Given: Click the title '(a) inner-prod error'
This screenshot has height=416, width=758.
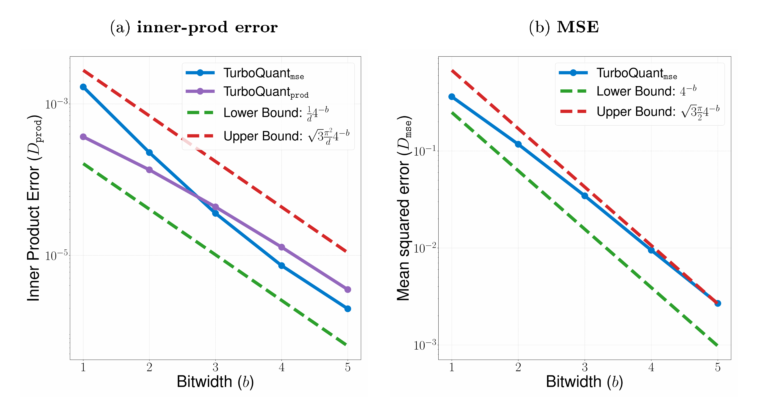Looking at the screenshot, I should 194,27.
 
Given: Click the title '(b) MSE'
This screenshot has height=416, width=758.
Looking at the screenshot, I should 564,27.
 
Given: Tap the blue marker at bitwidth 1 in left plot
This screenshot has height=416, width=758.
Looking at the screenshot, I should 83,87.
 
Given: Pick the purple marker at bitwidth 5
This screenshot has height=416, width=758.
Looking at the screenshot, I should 348,290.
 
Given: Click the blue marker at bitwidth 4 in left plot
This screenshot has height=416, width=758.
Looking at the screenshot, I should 282,266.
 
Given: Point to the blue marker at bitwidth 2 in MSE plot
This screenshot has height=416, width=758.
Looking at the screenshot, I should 518,144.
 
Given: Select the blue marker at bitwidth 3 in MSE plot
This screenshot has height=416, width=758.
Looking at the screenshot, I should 585,196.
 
